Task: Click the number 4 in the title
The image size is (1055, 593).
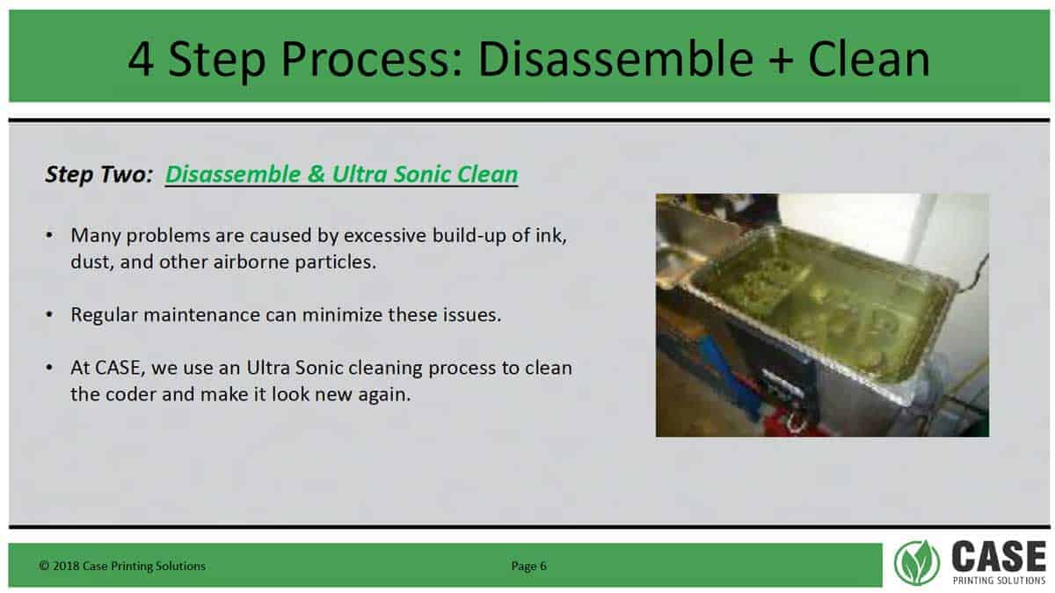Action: click(141, 59)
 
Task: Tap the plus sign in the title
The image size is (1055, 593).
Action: click(781, 62)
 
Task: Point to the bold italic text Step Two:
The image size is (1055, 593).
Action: click(98, 174)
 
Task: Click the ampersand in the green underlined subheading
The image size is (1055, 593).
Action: click(316, 174)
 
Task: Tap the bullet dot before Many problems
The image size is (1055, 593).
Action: click(49, 235)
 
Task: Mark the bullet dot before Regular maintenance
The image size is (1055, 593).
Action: click(49, 314)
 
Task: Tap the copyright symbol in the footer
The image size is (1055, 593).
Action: click(44, 566)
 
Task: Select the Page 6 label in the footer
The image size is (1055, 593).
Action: click(529, 566)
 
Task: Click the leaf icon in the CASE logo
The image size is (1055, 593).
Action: click(916, 563)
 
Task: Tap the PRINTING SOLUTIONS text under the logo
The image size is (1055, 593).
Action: click(999, 580)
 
